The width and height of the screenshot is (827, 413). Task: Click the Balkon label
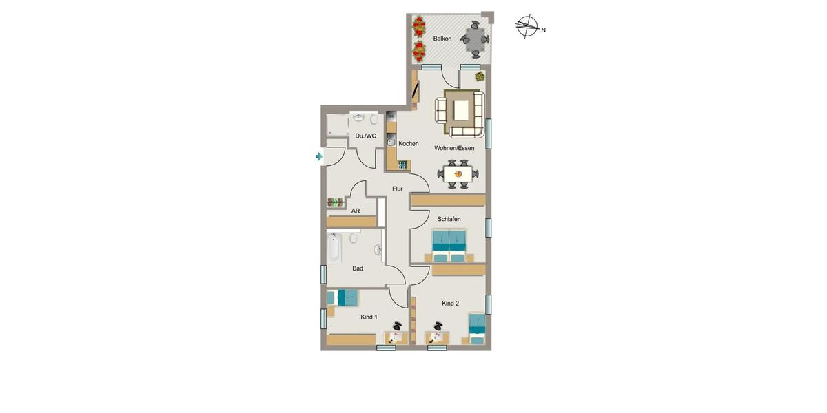442,39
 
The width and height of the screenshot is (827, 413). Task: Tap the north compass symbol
527,28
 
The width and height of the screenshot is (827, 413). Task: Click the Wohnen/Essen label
454,148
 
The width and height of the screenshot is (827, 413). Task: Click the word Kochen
409,144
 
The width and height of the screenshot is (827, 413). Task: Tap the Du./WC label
366,136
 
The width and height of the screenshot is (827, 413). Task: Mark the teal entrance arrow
318,157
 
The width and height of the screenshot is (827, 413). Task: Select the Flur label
398,189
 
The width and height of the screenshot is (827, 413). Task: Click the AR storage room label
356,211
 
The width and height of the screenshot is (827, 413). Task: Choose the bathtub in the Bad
334,249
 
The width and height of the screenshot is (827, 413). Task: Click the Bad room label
358,268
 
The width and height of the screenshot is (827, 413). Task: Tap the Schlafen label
449,219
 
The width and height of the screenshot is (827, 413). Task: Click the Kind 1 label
369,317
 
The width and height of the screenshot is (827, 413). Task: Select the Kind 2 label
450,304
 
